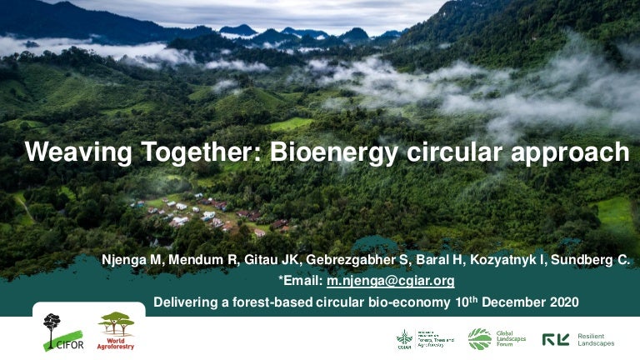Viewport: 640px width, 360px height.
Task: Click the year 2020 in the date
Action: pos(562,301)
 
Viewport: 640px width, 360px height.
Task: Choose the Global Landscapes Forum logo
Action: pos(496,338)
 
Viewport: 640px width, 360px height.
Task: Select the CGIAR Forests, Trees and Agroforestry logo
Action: pos(425,339)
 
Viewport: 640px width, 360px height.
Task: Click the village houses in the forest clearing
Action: pos(200,213)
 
